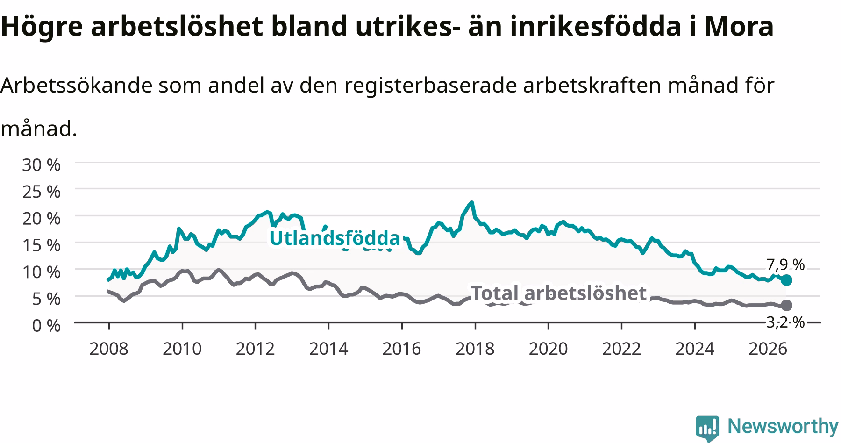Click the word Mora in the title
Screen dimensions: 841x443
pos(740,27)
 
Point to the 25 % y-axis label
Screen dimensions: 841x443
pos(41,192)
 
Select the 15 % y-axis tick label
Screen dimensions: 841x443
pos(41,245)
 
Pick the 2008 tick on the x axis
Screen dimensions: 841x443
pos(108,349)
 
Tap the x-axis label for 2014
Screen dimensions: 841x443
pos(328,349)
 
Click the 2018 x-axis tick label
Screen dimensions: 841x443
pos(475,349)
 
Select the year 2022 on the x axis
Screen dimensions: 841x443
pos(621,349)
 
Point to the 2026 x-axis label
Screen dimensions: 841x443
pos(768,349)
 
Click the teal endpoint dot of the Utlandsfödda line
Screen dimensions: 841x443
pos(786,280)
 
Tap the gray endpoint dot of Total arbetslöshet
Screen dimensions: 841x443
pos(786,305)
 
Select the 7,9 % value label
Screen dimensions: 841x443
pos(785,265)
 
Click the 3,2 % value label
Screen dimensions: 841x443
pos(785,322)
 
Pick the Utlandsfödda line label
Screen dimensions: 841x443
pos(335,238)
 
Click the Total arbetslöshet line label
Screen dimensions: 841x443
pos(559,293)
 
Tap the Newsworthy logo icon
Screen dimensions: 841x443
pos(707,428)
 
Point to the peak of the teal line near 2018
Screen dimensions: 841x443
pos(472,202)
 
